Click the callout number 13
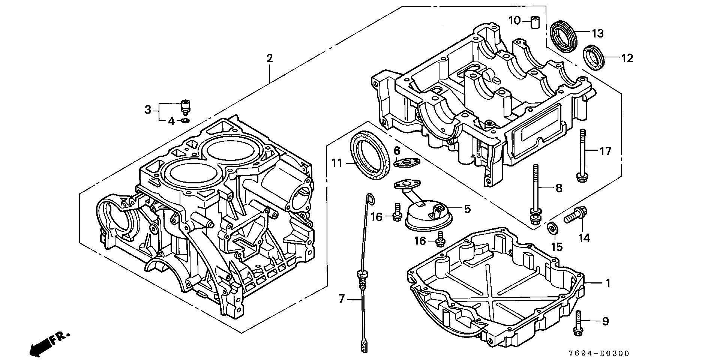[x=598, y=33]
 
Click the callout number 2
[x=269, y=58]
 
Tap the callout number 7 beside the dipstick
[x=341, y=299]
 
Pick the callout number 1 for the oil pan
[x=608, y=283]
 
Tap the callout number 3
[x=148, y=109]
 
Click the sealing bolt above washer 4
[x=185, y=106]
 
